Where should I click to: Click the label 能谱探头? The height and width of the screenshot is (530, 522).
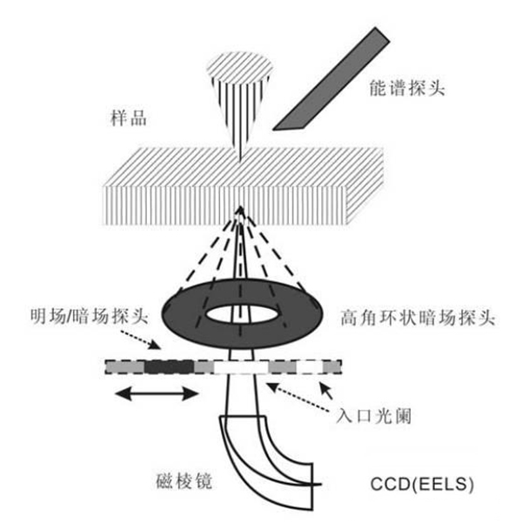coord(407,88)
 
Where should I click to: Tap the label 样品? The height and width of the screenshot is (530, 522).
coord(129,118)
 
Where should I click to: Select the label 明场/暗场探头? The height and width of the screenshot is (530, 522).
coord(90,317)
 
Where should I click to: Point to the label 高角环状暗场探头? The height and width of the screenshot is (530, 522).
coord(418,318)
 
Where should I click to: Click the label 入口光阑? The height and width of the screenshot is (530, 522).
coord(374,416)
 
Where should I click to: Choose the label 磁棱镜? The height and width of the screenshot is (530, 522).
coord(184,481)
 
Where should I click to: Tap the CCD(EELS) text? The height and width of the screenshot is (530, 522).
coord(422,484)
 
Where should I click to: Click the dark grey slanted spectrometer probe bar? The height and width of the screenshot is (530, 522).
coord(331,79)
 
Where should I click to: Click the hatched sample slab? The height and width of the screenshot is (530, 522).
coord(244,186)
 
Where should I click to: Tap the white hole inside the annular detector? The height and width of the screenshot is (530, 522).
coord(241,314)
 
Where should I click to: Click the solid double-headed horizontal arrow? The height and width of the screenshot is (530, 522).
coord(157,393)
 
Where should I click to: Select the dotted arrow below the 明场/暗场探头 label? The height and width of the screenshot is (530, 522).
coord(140,339)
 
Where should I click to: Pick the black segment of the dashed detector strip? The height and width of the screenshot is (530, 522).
coord(169,367)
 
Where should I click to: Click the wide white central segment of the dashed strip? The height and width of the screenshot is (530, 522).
coord(241,367)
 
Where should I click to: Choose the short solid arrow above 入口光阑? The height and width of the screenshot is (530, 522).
coord(326,390)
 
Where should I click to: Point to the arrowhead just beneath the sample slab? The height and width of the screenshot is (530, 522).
coord(240,211)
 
